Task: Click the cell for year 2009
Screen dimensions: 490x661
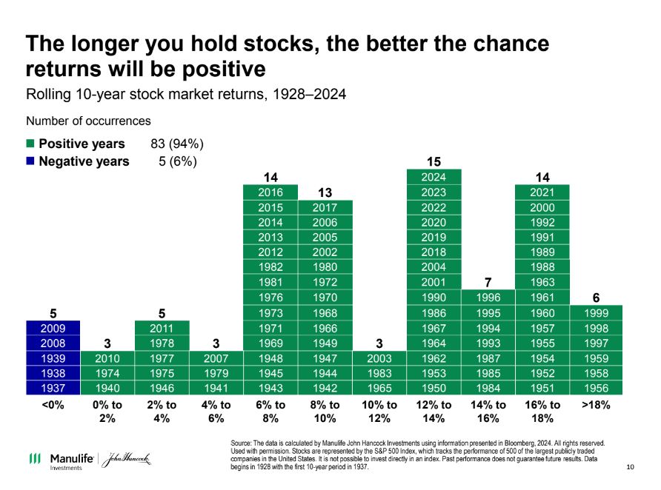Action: tap(53, 327)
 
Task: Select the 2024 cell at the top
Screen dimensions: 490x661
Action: tap(434, 177)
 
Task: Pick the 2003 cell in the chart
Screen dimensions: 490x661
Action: tap(379, 358)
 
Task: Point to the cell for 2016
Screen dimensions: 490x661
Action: tap(270, 192)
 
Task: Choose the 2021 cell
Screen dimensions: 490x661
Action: tap(542, 192)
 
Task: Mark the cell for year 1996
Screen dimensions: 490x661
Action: tap(488, 297)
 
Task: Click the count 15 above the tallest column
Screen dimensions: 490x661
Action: tap(434, 161)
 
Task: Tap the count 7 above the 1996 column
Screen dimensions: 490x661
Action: tap(488, 282)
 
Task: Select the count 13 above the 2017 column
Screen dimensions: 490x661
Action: tap(325, 192)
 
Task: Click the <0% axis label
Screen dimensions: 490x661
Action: tap(53, 405)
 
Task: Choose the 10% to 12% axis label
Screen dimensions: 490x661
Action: tap(379, 411)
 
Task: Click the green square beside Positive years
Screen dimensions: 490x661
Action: tap(30, 144)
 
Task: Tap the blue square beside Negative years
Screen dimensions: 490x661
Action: tap(30, 161)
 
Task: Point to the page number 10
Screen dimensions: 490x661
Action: tap(630, 466)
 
